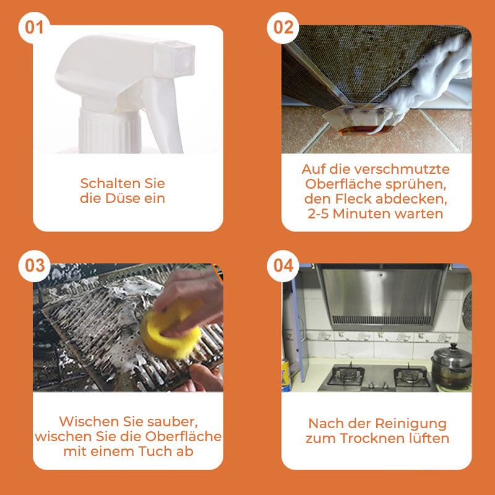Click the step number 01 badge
tap(34, 28)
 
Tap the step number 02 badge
tap(283, 28)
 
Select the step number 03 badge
tap(34, 266)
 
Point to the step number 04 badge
tap(283, 266)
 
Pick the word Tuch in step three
tap(156, 451)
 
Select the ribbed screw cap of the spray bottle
tap(110, 130)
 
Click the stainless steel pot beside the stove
tap(451, 368)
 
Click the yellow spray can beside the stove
tap(286, 376)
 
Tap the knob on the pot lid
tap(454, 346)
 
